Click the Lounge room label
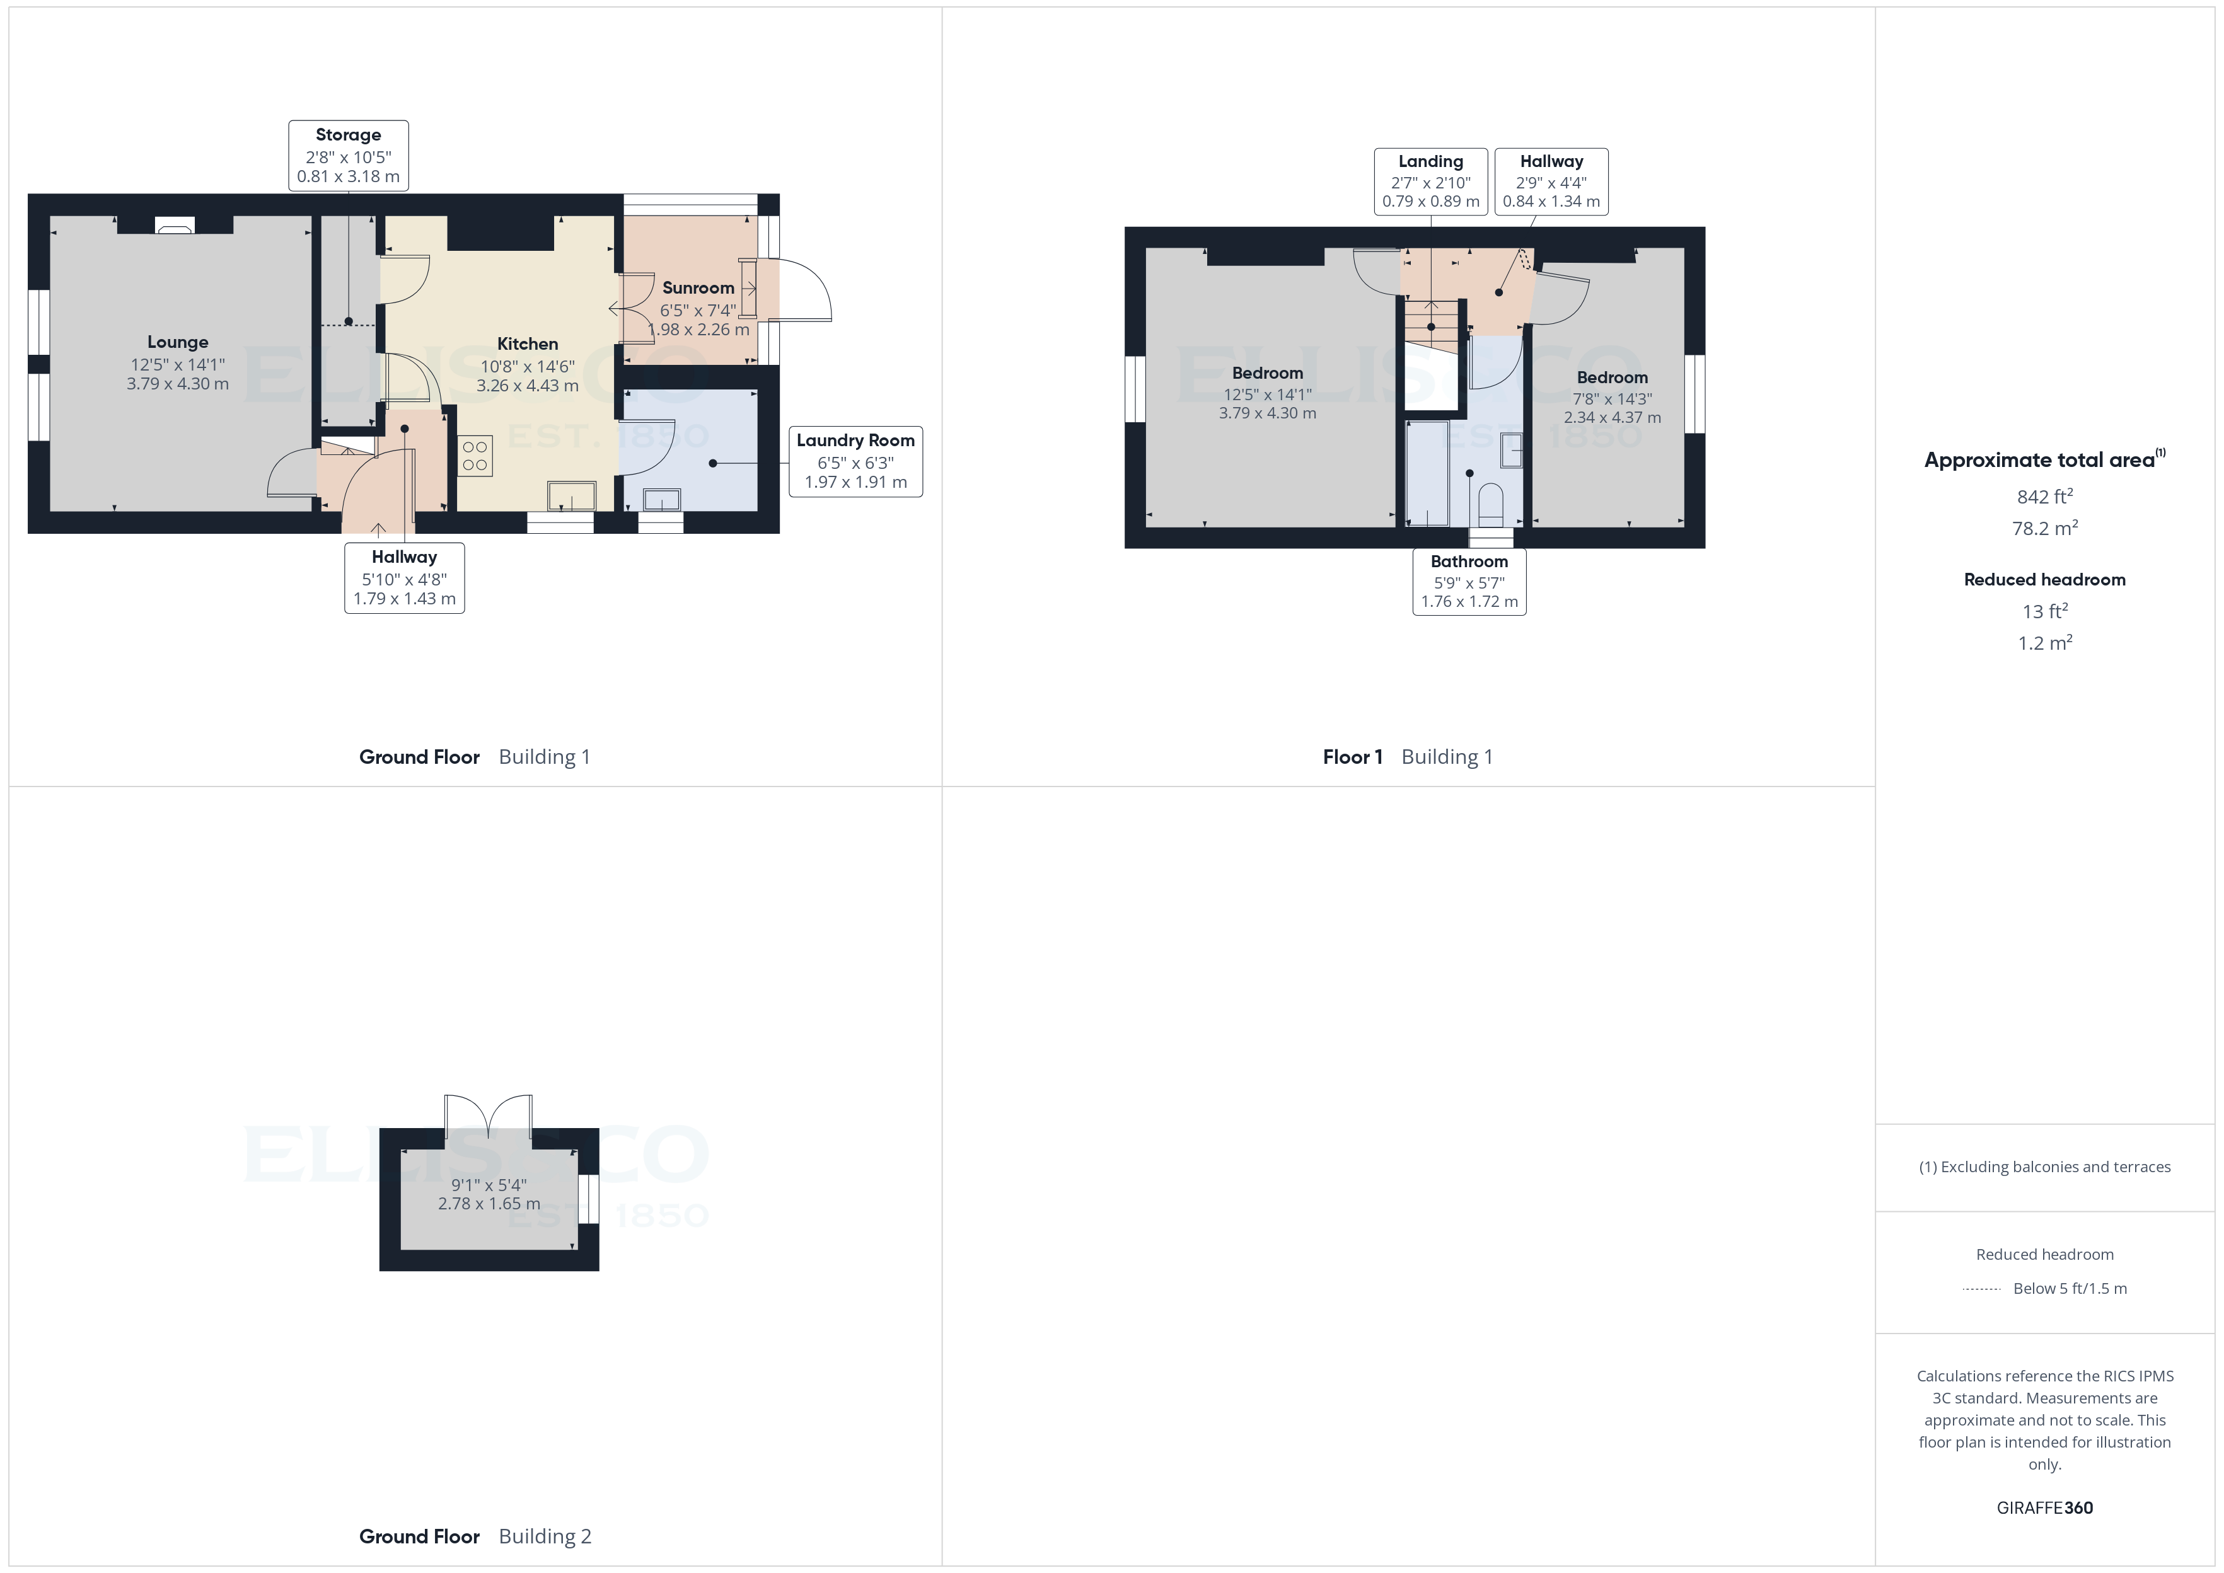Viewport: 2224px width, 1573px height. pyautogui.click(x=177, y=343)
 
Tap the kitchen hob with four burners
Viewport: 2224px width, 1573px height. pyautogui.click(x=475, y=456)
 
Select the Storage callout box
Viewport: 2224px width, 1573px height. pyautogui.click(x=348, y=155)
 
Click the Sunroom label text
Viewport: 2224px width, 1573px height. pyautogui.click(x=697, y=287)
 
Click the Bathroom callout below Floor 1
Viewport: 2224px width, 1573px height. pyautogui.click(x=1468, y=581)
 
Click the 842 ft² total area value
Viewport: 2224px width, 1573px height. pyautogui.click(x=2044, y=497)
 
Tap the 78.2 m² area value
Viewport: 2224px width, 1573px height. pyautogui.click(x=2044, y=529)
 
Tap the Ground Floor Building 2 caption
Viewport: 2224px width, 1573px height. pyautogui.click(x=475, y=1536)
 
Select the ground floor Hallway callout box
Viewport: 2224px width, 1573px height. pyautogui.click(x=404, y=577)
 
